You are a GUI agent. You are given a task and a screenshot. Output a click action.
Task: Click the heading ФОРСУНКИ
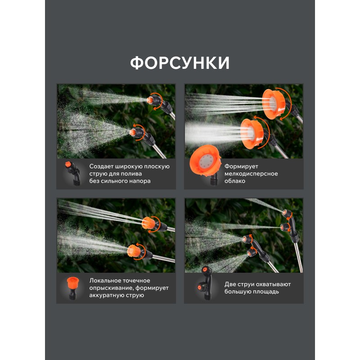[x=180, y=63]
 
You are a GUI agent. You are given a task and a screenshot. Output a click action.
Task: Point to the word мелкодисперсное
[x=251, y=174]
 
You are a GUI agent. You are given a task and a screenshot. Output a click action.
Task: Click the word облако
[x=234, y=181]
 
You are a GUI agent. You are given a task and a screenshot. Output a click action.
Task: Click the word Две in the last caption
[x=230, y=284]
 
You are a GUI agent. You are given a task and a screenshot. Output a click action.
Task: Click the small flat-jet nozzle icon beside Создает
[x=72, y=173]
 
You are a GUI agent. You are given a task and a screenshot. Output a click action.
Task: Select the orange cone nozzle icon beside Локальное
[x=73, y=288]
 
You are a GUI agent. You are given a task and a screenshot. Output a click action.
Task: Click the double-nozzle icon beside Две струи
[x=205, y=283]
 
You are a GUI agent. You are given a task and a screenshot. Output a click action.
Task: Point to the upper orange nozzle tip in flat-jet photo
[x=150, y=100]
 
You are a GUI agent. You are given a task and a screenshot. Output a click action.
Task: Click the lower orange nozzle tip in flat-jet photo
[x=133, y=132]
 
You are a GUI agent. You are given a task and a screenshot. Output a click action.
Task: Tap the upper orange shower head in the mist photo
[x=274, y=104]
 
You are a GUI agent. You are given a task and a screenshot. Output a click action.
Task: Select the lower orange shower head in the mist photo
[x=252, y=134]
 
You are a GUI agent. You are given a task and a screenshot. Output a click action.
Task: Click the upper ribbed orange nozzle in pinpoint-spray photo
[x=148, y=223]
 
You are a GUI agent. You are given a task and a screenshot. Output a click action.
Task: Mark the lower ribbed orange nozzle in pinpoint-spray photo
[x=134, y=251]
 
